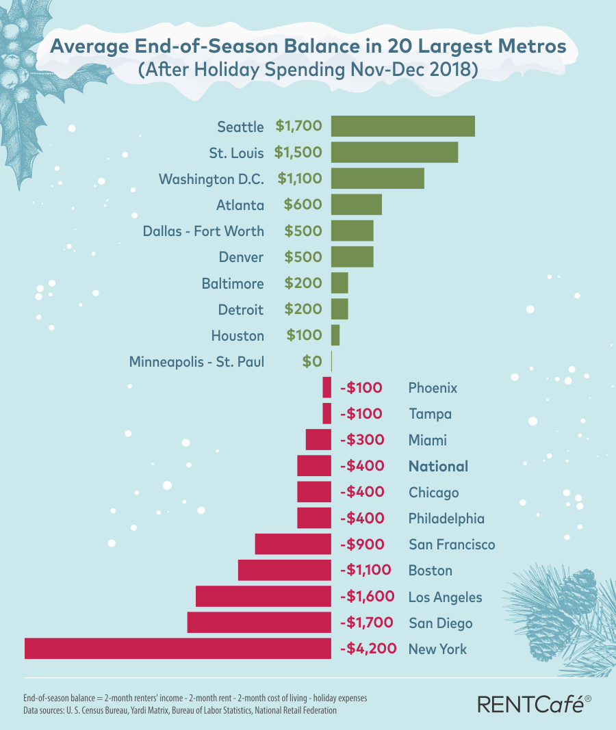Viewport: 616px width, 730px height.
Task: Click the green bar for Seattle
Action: [402, 127]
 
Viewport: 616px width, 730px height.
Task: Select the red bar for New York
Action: [178, 649]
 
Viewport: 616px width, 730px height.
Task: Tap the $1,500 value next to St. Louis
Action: [298, 153]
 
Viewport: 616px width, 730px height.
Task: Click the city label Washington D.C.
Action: [211, 179]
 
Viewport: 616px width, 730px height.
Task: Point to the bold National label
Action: [438, 467]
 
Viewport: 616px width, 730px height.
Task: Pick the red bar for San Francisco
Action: [293, 545]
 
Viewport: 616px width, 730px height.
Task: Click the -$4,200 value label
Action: [368, 649]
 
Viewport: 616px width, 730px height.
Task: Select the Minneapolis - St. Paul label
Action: [196, 361]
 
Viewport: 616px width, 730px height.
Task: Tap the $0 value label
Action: [311, 361]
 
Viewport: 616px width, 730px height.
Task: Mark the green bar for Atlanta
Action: [356, 205]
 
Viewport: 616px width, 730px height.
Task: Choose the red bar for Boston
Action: [284, 571]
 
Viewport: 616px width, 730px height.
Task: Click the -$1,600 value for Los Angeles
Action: [368, 597]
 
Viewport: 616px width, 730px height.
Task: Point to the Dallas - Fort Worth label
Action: [203, 231]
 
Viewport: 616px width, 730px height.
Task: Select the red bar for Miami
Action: [318, 440]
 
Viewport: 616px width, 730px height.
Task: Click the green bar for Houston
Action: [335, 335]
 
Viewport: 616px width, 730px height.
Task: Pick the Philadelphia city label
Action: [446, 519]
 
